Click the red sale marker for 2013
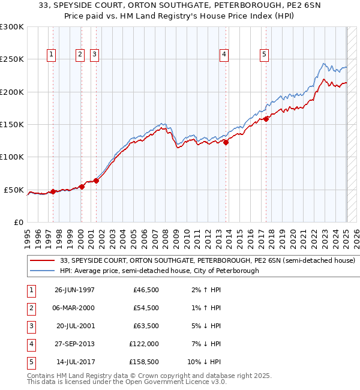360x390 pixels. click(226, 142)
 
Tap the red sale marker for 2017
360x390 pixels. click(266, 119)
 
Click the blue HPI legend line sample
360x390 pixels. click(42, 271)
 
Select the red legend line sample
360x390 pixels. click(42, 261)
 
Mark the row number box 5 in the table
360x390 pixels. click(31, 362)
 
